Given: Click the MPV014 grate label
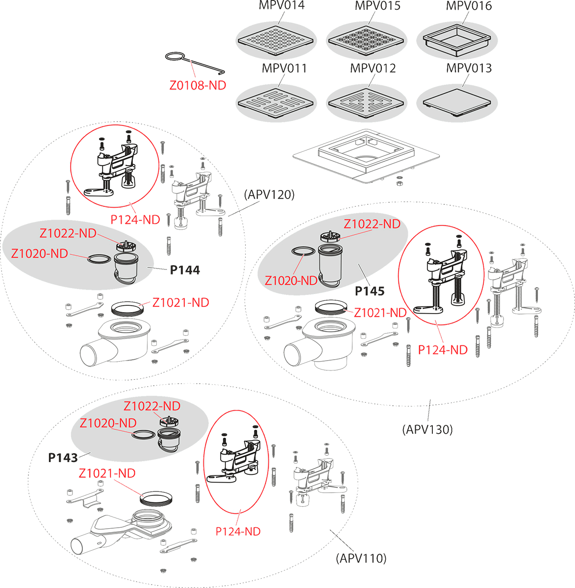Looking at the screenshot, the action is (281, 5).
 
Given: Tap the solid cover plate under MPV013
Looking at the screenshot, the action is (456, 102).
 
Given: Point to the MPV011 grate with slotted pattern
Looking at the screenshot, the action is (276, 103).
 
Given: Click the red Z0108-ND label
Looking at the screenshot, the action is (198, 86).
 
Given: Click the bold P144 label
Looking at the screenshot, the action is (185, 270).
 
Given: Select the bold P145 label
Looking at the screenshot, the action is (370, 291).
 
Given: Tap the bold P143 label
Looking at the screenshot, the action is (63, 458).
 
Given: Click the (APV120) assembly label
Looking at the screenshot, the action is (269, 195).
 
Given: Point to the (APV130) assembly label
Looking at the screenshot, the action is (427, 429).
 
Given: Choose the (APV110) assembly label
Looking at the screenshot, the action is (361, 559).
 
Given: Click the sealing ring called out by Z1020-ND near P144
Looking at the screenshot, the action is (99, 259).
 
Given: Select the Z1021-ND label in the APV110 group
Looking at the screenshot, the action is (107, 473).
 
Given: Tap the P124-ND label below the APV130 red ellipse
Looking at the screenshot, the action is (443, 350).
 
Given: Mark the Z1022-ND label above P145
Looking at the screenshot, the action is (372, 224).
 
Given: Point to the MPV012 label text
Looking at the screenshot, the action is (373, 68).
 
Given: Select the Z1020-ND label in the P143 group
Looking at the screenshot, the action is (108, 423).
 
